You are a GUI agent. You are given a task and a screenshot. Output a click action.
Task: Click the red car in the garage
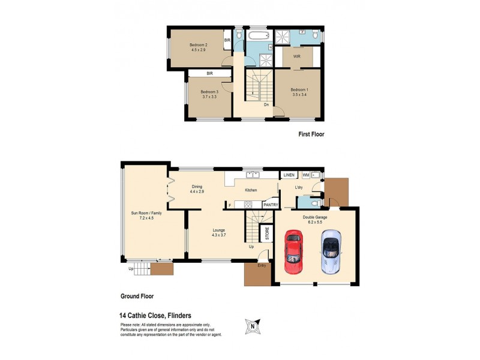click(293, 248)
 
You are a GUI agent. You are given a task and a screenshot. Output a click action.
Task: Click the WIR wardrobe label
click(297, 56)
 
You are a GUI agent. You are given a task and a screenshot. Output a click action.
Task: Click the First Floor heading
click(311, 134)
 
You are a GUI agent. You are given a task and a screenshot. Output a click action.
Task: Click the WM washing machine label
click(306, 175)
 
